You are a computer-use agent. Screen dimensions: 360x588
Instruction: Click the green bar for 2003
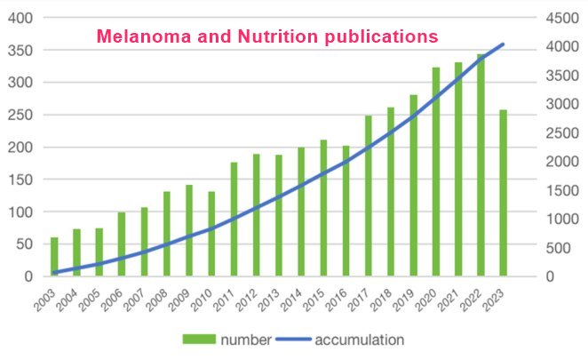click(55, 257)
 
